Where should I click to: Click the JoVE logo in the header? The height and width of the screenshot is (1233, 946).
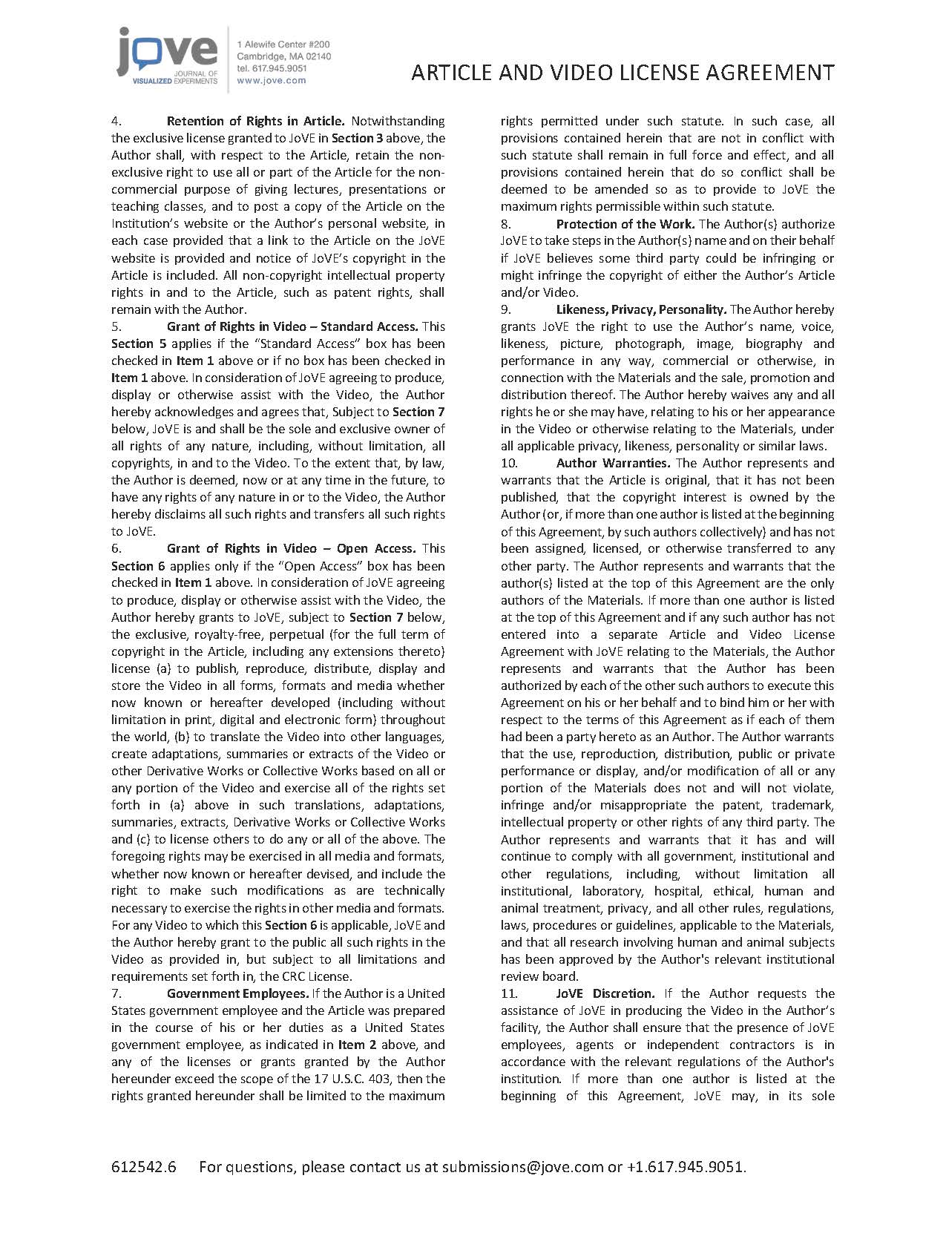click(167, 58)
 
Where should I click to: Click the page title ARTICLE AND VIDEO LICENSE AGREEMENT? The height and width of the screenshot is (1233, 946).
click(623, 73)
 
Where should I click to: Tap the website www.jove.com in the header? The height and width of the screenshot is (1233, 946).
click(271, 80)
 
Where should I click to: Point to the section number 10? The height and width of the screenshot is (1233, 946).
click(509, 463)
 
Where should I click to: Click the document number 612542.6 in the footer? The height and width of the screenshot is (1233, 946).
click(144, 1167)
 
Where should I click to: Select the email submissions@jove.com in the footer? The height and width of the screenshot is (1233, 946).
click(522, 1167)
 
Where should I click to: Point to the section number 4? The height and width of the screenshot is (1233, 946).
click(116, 121)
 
